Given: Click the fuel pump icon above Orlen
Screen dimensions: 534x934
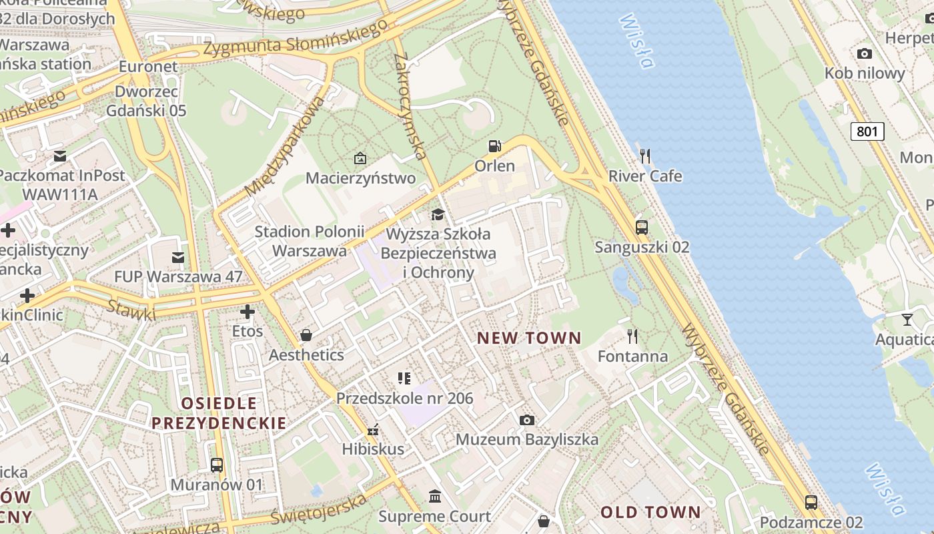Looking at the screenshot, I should pyautogui.click(x=494, y=146).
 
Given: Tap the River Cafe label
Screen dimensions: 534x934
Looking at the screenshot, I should pyautogui.click(x=645, y=176).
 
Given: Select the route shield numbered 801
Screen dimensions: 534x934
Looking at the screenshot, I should pyautogui.click(x=867, y=131).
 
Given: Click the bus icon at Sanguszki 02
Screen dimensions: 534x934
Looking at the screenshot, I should pyautogui.click(x=641, y=228).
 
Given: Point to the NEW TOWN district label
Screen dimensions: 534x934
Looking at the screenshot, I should pyautogui.click(x=529, y=338).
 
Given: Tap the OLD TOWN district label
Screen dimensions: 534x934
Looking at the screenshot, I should pyautogui.click(x=650, y=513).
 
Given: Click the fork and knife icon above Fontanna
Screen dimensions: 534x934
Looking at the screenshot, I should pyautogui.click(x=632, y=336).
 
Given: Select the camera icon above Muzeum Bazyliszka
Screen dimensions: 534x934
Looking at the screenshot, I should pyautogui.click(x=526, y=420).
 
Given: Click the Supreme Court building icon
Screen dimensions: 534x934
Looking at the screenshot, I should pyautogui.click(x=435, y=497).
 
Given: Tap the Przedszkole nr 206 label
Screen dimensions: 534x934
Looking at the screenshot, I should pyautogui.click(x=404, y=398).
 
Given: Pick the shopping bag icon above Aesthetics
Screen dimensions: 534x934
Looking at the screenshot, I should pyautogui.click(x=306, y=335).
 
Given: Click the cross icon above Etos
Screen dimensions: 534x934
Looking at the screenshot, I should pyautogui.click(x=248, y=312).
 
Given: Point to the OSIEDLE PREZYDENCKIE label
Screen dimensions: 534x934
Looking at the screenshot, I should pyautogui.click(x=219, y=413).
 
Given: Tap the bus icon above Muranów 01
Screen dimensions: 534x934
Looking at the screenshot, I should pyautogui.click(x=216, y=465).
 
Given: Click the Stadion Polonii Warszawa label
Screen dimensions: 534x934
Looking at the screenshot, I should pyautogui.click(x=310, y=241).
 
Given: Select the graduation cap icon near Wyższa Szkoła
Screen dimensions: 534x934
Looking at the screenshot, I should pyautogui.click(x=438, y=214).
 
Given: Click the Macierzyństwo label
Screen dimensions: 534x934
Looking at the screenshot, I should pyautogui.click(x=360, y=178).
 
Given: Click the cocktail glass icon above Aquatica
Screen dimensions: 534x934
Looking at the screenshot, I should pyautogui.click(x=907, y=320).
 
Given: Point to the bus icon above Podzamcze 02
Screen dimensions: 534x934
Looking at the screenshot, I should pyautogui.click(x=811, y=503).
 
